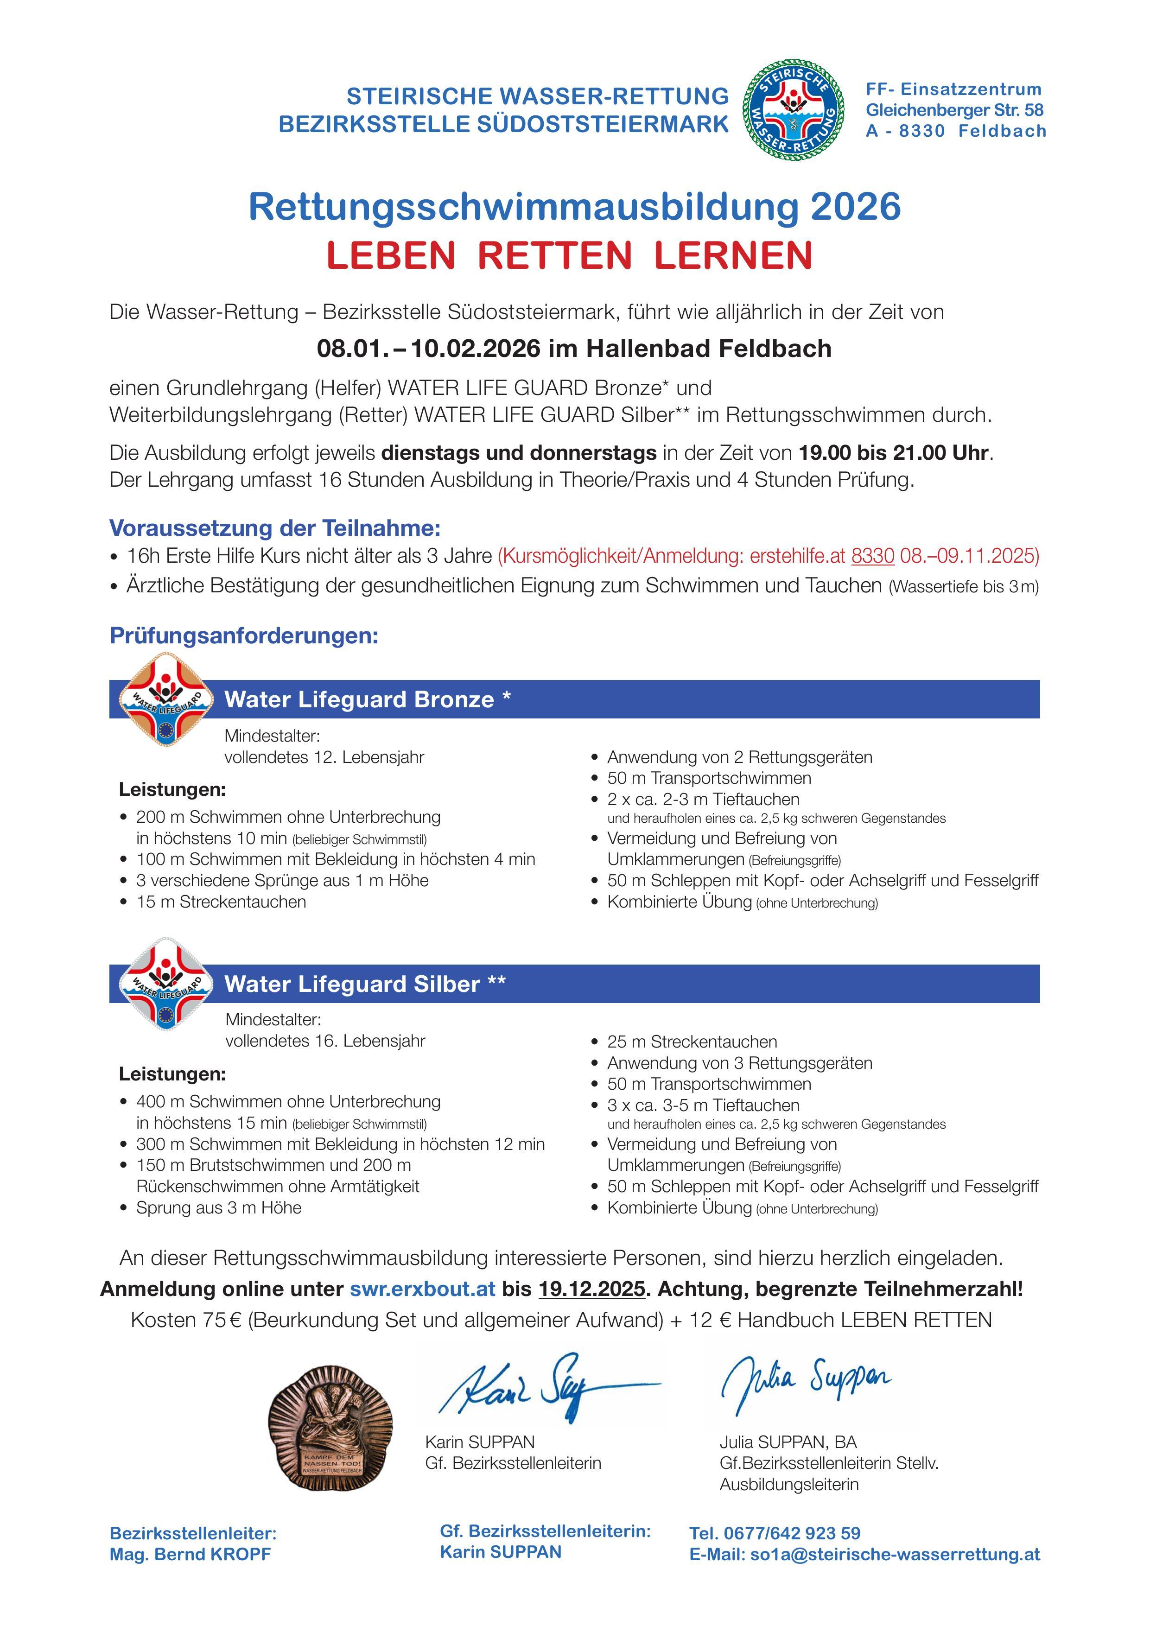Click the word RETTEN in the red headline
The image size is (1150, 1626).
click(x=554, y=256)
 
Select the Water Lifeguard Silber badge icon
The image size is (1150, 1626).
click(x=165, y=984)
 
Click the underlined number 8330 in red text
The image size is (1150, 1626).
click(x=872, y=556)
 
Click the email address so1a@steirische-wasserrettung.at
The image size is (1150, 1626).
click(x=894, y=1555)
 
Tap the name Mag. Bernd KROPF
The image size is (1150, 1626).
click(x=190, y=1555)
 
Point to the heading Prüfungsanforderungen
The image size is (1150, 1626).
click(x=244, y=635)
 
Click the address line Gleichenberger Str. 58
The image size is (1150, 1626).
click(x=954, y=110)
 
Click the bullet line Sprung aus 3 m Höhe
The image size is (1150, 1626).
click(x=218, y=1207)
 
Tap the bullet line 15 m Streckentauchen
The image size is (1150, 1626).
click(x=221, y=902)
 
